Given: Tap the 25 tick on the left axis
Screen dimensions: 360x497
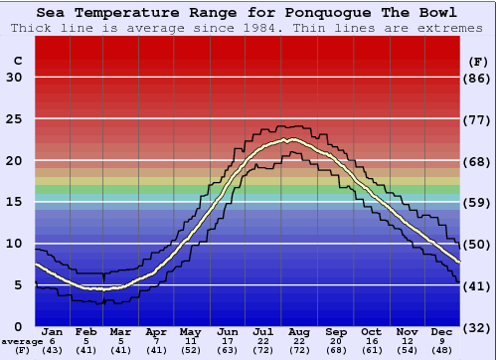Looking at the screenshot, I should click(x=14, y=119).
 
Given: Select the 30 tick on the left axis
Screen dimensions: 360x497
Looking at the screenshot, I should click(x=14, y=78).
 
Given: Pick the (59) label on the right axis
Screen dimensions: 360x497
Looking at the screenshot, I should click(x=478, y=203).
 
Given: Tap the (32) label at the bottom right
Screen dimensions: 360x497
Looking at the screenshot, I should click(x=478, y=327).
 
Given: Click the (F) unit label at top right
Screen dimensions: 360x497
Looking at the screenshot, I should click(x=478, y=61).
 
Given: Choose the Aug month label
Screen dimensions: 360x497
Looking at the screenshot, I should click(x=300, y=331).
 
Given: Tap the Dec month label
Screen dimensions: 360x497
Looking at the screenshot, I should click(x=442, y=331).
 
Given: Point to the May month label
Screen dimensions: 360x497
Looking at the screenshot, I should click(x=190, y=331).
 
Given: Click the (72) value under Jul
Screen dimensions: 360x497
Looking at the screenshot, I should click(x=264, y=350).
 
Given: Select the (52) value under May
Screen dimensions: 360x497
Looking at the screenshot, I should click(x=190, y=350).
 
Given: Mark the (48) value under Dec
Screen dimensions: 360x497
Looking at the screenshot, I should click(x=442, y=350).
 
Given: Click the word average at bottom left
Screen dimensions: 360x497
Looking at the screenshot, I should click(x=22, y=341).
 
